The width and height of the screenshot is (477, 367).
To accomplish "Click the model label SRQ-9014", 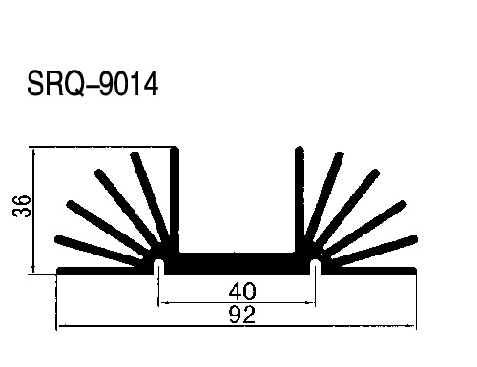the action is pyautogui.click(x=93, y=84).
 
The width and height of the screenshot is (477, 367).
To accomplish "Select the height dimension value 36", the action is pyautogui.click(x=22, y=206).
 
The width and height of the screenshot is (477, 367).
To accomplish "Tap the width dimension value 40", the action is pyautogui.click(x=242, y=292).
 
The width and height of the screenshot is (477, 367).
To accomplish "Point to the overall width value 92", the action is pyautogui.click(x=242, y=315).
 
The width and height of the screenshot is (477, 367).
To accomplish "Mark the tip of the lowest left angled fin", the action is pyautogui.click(x=57, y=239).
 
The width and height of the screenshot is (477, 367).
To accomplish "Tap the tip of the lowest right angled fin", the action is pyautogui.click(x=415, y=239).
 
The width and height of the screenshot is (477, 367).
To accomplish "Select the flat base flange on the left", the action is pyautogui.click(x=105, y=271).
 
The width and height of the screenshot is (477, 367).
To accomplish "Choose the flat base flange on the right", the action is pyautogui.click(x=368, y=271).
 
